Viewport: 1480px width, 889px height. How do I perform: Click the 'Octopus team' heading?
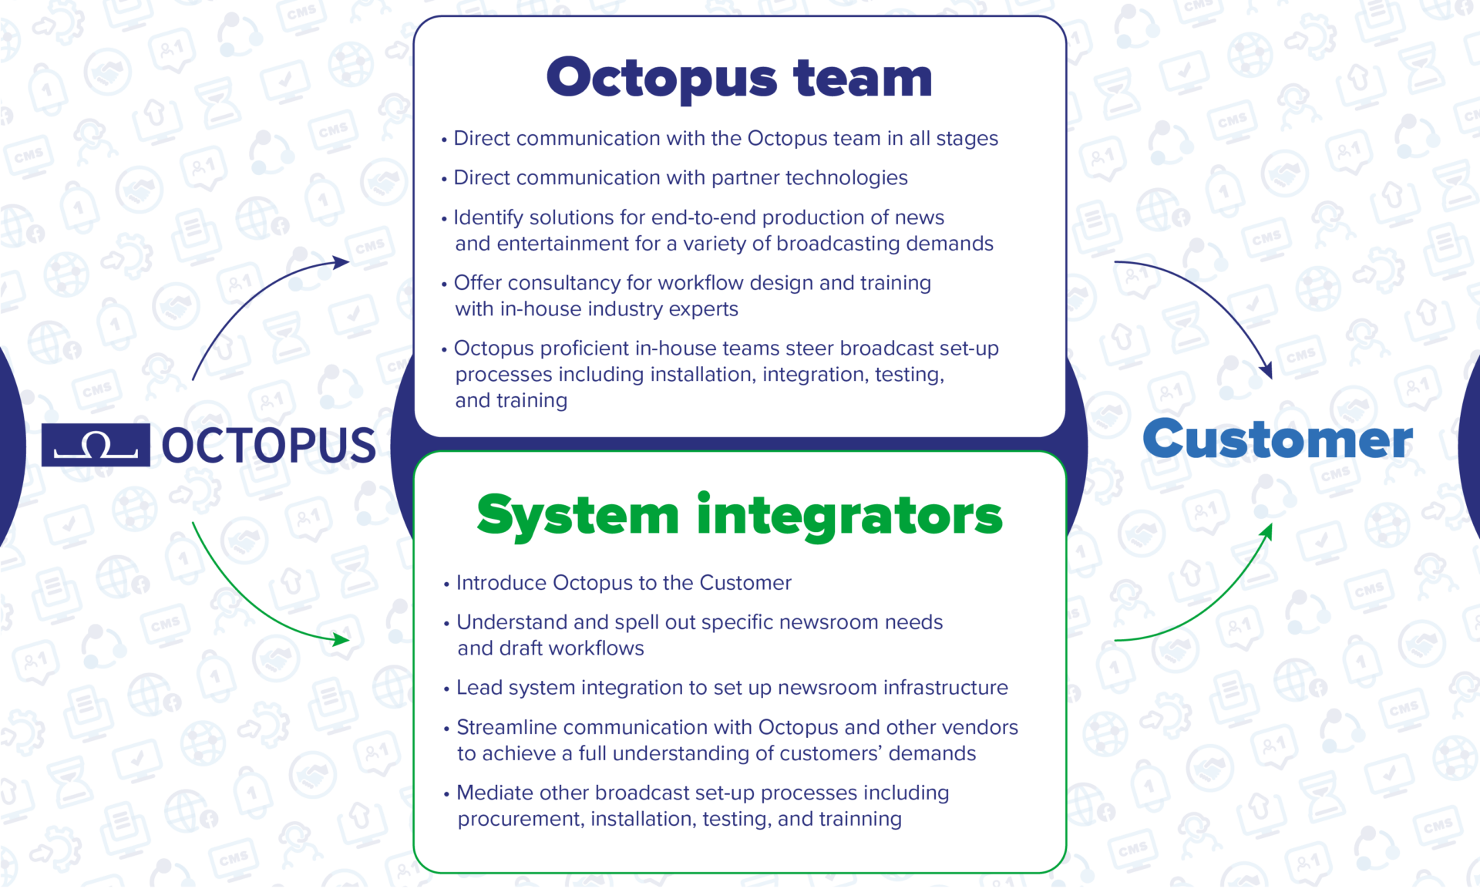coord(739,79)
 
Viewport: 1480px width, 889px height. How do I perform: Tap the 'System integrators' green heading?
coord(739,515)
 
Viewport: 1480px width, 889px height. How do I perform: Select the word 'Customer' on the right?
coord(1277,439)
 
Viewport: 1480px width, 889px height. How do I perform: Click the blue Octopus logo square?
coord(96,445)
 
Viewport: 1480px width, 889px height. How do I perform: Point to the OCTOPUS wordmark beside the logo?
coord(269,446)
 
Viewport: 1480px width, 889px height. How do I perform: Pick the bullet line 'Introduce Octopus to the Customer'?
coord(624,583)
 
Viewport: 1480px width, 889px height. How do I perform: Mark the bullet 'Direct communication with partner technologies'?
coord(680,178)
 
